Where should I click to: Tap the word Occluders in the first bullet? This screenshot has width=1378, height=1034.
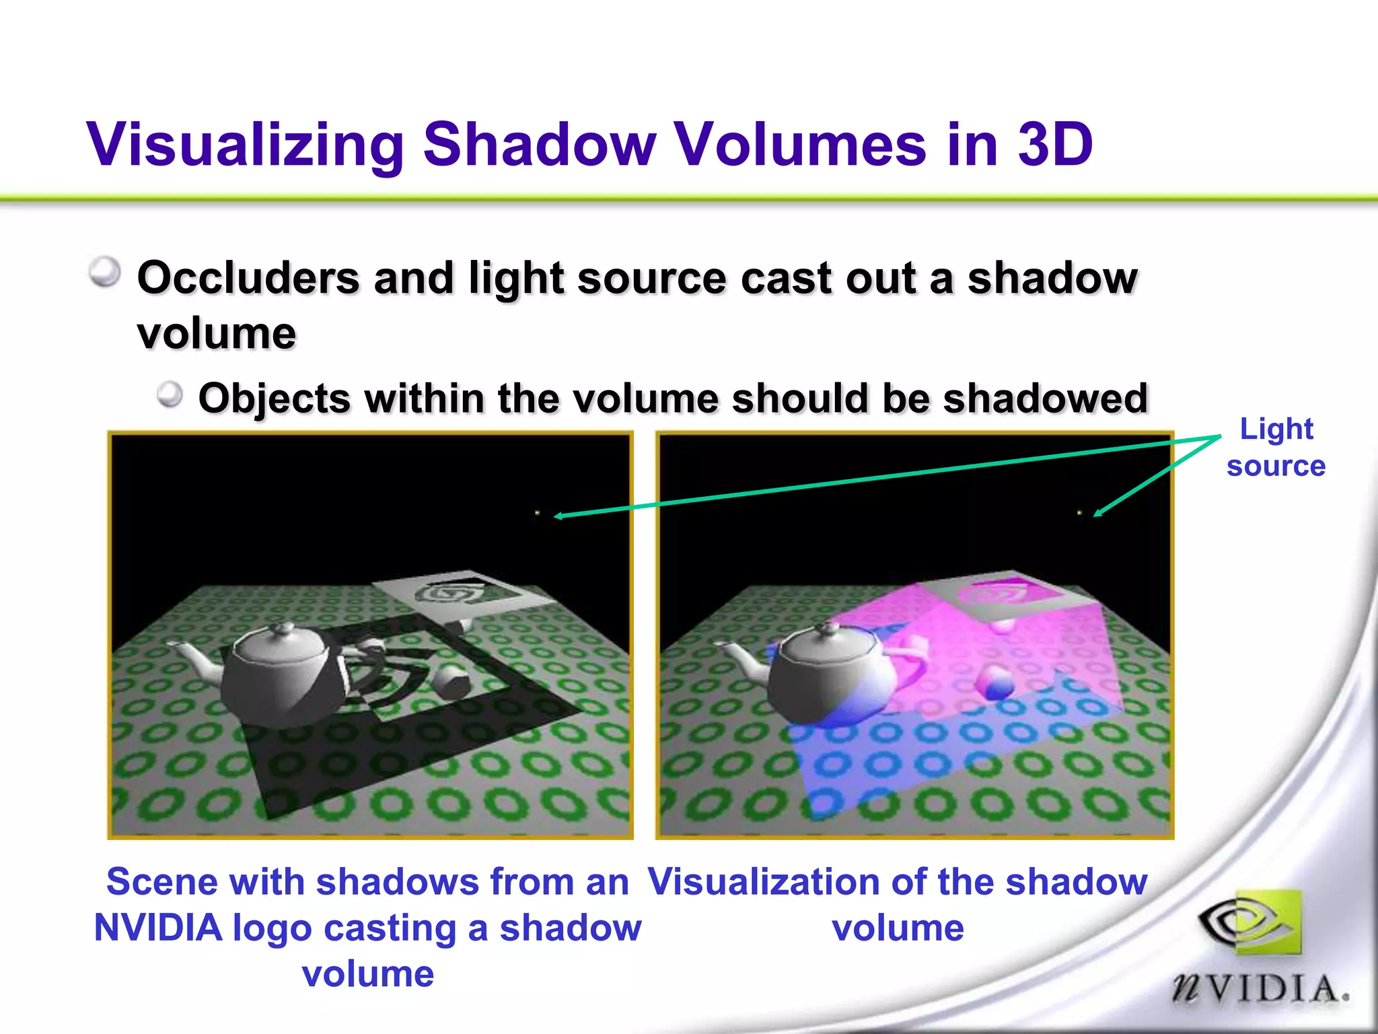tap(248, 277)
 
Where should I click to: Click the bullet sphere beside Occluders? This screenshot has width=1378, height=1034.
tap(105, 273)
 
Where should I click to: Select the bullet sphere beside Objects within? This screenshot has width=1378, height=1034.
tap(170, 394)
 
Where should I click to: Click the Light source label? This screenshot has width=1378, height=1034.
tap(1276, 447)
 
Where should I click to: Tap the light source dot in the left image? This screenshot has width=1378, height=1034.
tap(537, 514)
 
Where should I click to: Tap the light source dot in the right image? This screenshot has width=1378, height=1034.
tap(1080, 514)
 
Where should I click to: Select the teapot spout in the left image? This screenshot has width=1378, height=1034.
tap(192, 659)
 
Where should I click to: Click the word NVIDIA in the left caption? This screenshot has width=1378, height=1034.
tap(158, 928)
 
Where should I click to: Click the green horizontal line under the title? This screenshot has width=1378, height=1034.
tap(689, 199)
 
